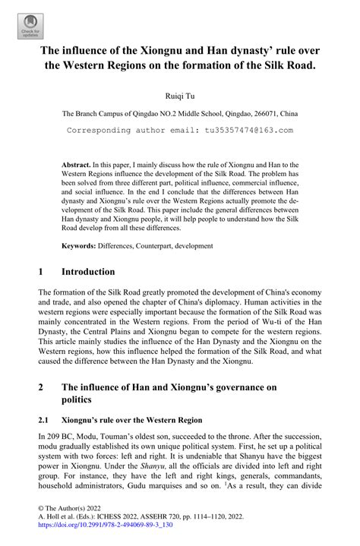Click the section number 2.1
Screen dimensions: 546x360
point(43,419)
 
